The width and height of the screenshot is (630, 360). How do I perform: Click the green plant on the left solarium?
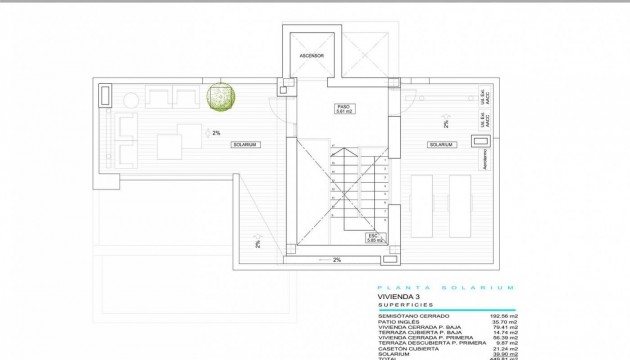coord(222,97)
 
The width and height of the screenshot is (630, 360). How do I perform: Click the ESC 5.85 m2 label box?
coord(375,238)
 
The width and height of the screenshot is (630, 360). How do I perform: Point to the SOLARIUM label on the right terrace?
coord(441,145)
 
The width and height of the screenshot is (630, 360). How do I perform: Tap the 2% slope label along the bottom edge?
coord(336,260)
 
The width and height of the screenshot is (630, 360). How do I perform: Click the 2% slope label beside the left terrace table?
coord(215,132)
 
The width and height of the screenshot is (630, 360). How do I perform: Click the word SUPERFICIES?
coord(406,305)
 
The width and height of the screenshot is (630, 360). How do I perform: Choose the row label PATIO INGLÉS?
coord(400,321)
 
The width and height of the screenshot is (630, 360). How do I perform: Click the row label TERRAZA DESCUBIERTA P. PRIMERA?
coord(424,340)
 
